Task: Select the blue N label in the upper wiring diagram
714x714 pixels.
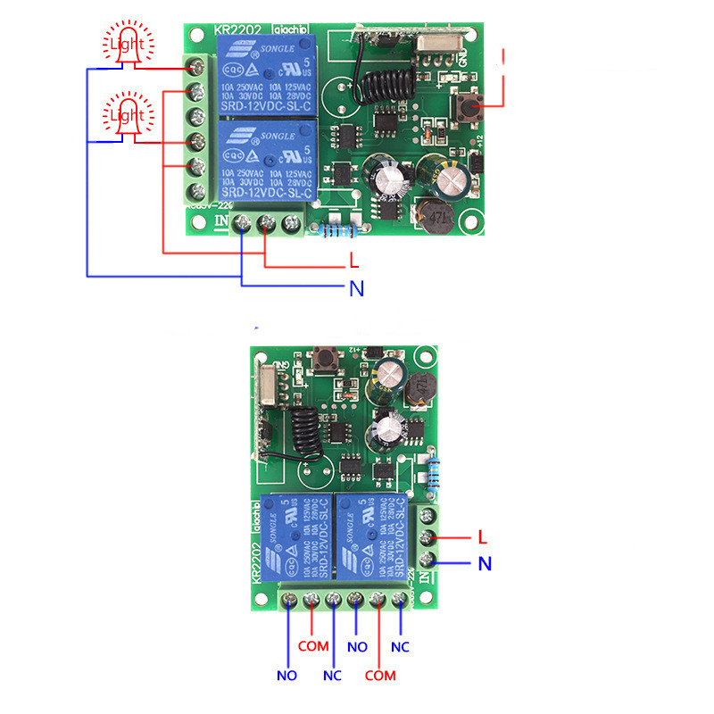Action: [x=355, y=288]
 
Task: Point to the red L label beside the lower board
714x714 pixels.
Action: [x=482, y=538]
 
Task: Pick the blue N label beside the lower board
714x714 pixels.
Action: [x=484, y=564]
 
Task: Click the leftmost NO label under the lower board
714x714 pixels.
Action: [x=286, y=676]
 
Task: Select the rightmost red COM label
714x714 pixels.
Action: [x=380, y=676]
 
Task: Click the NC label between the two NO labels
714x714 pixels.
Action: [x=332, y=676]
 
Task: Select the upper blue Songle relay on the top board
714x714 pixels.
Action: [x=263, y=76]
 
